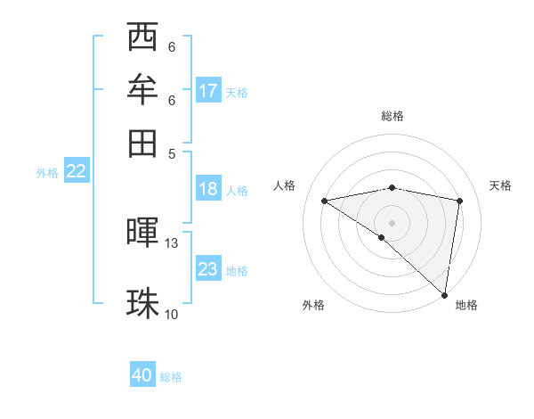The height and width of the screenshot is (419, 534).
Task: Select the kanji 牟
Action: (142, 89)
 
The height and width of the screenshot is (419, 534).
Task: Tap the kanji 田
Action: (142, 142)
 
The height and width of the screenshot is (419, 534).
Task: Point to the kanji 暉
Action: (142, 233)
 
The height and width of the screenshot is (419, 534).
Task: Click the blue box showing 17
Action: (208, 90)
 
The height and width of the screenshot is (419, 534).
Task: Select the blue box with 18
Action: (208, 189)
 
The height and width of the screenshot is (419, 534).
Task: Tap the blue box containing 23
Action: (208, 269)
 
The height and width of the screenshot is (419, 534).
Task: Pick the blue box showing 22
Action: (76, 172)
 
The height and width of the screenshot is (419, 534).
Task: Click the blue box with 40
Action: (142, 375)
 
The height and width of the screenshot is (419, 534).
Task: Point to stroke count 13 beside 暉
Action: (172, 242)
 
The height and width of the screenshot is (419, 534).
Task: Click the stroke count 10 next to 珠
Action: (172, 314)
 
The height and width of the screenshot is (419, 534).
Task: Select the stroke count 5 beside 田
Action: (172, 152)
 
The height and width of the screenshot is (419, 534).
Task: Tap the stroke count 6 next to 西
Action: (172, 46)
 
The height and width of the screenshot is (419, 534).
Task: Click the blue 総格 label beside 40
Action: (171, 377)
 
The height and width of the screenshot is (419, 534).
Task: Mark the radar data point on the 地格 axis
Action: (443, 294)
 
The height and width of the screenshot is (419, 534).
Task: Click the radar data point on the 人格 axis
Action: (324, 201)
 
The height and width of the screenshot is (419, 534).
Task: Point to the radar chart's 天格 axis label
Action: (500, 185)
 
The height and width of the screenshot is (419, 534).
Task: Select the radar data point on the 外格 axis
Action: (381, 237)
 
